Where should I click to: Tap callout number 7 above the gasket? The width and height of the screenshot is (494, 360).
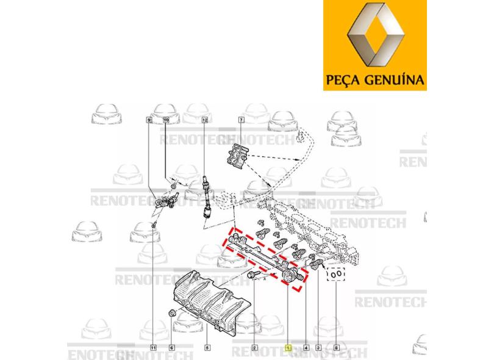(241, 120)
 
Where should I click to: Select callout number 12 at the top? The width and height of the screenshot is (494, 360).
(205, 120)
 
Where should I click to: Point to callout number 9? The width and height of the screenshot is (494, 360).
(149, 120)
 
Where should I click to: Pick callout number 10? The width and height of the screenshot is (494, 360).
(166, 120)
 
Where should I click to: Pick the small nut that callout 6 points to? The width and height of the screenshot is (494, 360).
(172, 314)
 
